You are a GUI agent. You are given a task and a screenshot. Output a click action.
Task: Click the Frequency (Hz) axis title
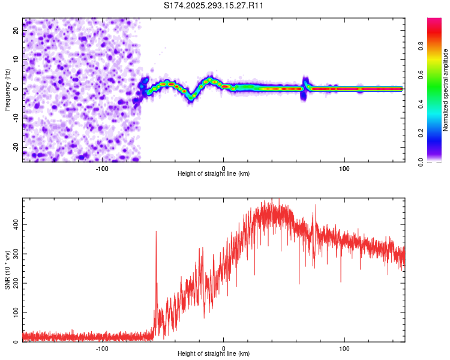(7, 90)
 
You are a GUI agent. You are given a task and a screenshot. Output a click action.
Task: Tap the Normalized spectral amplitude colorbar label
(446, 90)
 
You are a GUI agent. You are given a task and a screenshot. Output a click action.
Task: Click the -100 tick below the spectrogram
(102, 167)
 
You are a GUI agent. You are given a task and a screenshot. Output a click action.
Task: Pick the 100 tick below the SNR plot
(344, 348)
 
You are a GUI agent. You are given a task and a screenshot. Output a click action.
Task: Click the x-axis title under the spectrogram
(214, 174)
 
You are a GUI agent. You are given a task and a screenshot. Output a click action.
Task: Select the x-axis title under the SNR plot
(214, 355)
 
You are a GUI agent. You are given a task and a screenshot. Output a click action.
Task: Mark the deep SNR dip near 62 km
(299, 282)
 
